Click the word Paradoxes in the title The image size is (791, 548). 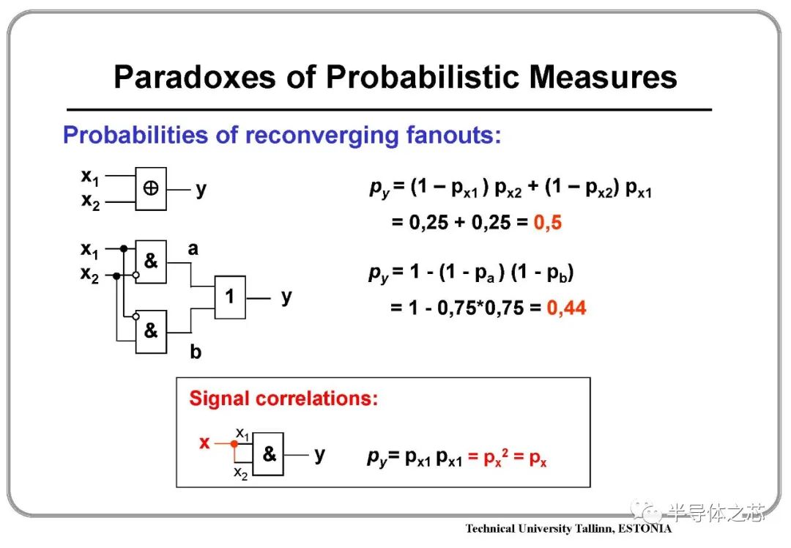[x=196, y=77]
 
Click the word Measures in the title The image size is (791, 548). [x=603, y=77]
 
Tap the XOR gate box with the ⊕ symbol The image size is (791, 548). [x=151, y=189]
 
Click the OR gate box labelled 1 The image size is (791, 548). [x=230, y=297]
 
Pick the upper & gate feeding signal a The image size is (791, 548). [x=151, y=262]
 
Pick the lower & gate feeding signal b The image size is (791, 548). [x=151, y=332]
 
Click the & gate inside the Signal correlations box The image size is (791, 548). [x=268, y=453]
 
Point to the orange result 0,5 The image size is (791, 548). [x=547, y=223]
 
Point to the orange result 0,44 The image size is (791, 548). [x=566, y=308]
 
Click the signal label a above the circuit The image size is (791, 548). [x=193, y=249]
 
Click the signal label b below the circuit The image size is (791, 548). [x=196, y=351]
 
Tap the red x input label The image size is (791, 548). [x=204, y=443]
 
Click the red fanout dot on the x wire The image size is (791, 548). [x=234, y=443]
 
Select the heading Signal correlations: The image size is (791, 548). [x=283, y=398]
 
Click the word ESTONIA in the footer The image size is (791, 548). [x=645, y=528]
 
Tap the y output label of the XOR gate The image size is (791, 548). [x=201, y=190]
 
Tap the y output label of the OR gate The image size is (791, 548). [x=286, y=297]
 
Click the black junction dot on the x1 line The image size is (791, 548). [x=124, y=248]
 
